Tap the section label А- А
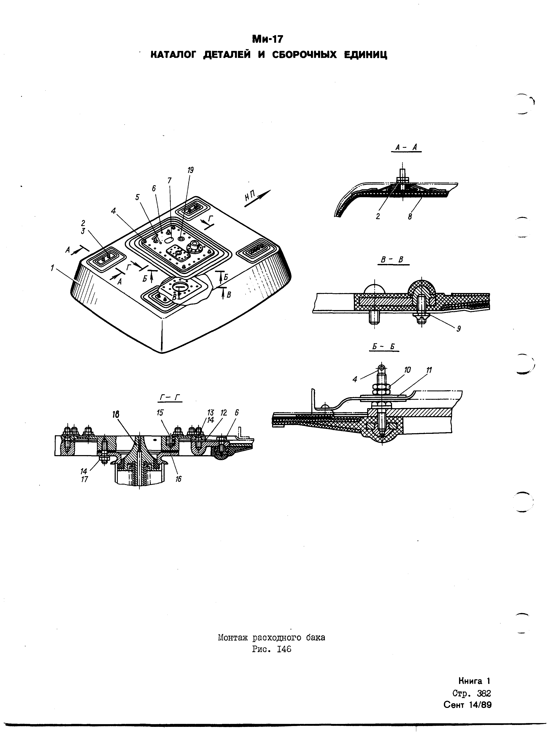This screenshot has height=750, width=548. coord(406,148)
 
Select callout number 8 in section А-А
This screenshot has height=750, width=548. coord(410,217)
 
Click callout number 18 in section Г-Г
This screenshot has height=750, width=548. coord(116,414)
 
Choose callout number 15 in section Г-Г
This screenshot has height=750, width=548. coord(160,413)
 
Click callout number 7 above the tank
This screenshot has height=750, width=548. coord(169,181)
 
